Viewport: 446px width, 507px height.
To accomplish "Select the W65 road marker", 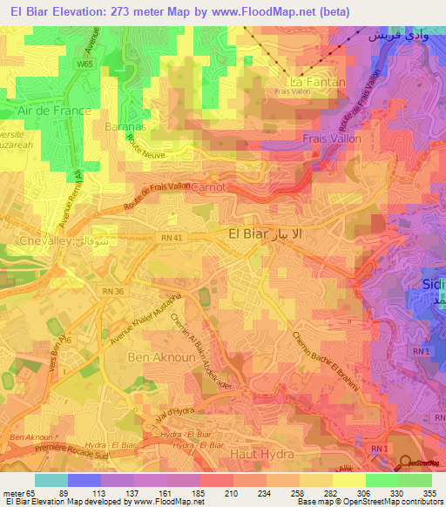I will coord(84,64).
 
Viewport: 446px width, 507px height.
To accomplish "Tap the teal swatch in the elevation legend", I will coord(51,480).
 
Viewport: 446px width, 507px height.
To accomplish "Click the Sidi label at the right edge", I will coord(432,287).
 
